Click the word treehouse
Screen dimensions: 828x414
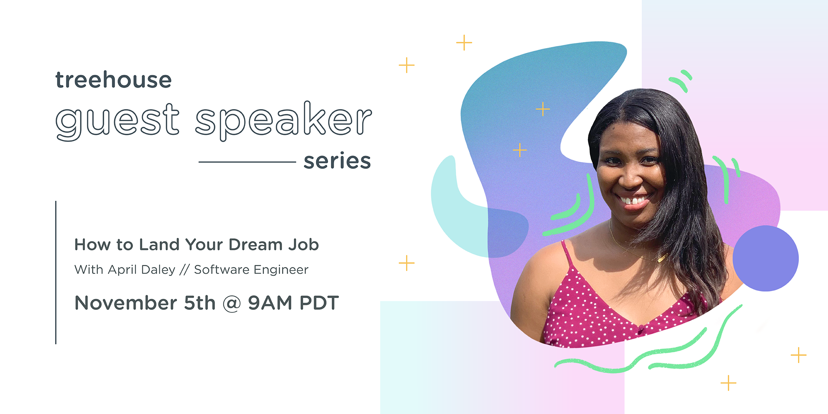[114, 79]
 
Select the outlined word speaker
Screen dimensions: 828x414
[283, 120]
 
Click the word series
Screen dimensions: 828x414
[337, 161]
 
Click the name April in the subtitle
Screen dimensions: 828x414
[121, 270]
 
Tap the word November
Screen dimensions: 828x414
[126, 303]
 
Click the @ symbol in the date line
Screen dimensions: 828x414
[232, 303]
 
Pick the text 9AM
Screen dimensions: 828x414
[270, 303]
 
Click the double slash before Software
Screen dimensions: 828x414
[185, 270]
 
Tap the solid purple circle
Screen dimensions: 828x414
[765, 258]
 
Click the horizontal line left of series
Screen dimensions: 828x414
[247, 162]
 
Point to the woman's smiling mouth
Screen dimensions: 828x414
[633, 200]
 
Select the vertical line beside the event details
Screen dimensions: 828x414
[56, 273]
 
